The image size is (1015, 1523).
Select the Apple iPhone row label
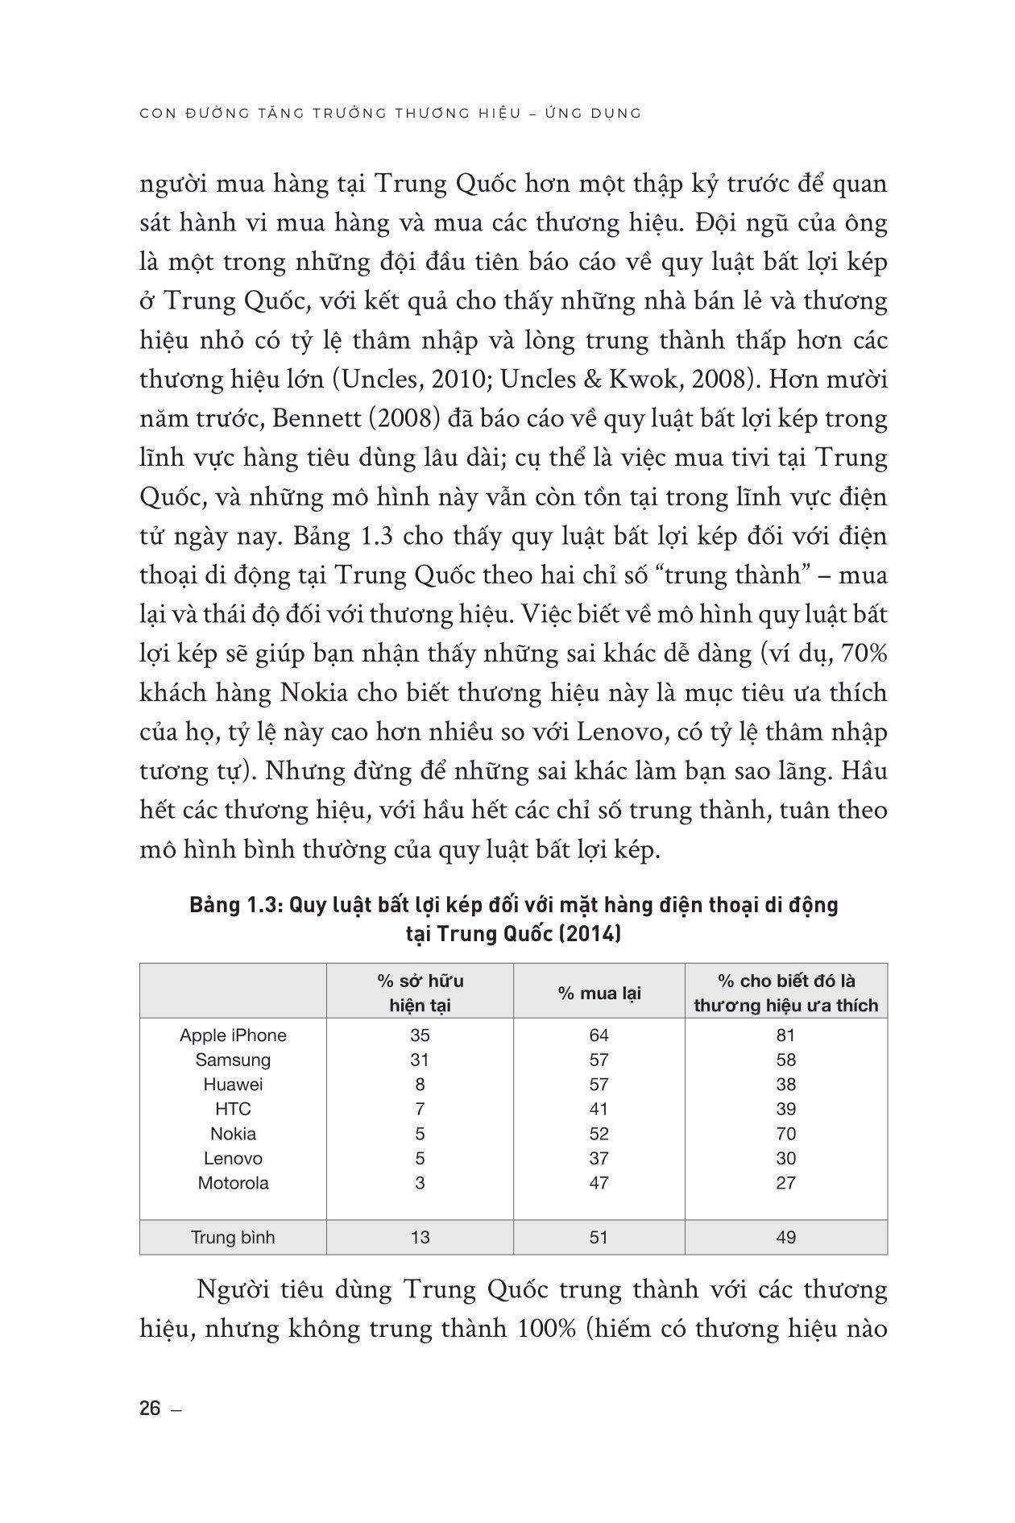[x=233, y=1035]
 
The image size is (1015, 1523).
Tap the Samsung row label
[x=233, y=1060]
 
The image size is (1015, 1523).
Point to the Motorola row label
[x=233, y=1183]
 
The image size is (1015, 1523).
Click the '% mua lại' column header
[x=599, y=993]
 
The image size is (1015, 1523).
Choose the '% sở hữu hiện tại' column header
[x=420, y=993]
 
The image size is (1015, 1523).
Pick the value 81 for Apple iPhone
[x=786, y=1035]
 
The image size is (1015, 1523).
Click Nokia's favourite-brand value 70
[x=786, y=1134]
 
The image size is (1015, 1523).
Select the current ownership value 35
[x=420, y=1035]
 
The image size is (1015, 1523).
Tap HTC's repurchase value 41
[x=599, y=1109]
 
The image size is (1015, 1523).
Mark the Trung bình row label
[x=233, y=1237]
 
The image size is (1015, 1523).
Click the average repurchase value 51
[x=599, y=1237]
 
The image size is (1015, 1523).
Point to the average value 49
[x=786, y=1237]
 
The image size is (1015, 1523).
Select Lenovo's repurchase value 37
[x=599, y=1158]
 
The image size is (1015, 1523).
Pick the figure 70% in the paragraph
[x=864, y=654]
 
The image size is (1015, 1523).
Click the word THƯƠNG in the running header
[x=436, y=114]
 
